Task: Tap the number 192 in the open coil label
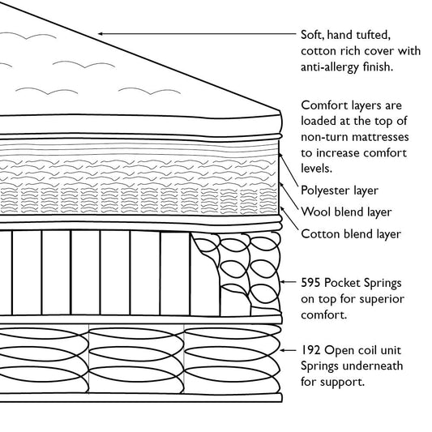pos(311,349)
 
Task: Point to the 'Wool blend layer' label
pos(345,212)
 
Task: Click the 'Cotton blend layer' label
pos(350,234)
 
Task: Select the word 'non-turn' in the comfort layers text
pos(325,137)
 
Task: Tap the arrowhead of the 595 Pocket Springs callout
pos(282,283)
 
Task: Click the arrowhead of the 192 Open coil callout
pos(282,349)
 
